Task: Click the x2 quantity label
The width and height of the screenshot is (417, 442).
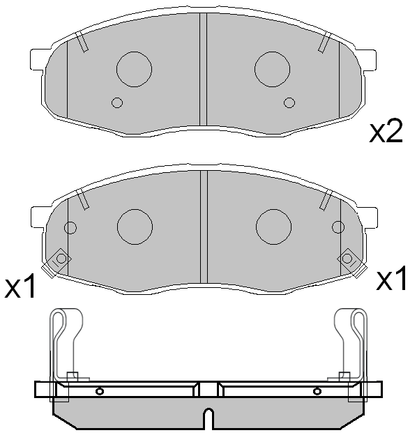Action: click(386, 130)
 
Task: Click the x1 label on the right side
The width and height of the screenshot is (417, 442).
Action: click(391, 280)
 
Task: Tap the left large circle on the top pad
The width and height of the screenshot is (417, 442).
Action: click(133, 68)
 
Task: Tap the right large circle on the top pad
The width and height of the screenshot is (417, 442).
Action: click(273, 68)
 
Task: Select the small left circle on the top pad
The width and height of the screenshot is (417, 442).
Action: click(116, 103)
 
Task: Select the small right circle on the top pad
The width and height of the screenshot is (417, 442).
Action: click(289, 103)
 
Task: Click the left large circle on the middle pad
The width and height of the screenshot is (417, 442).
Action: click(135, 226)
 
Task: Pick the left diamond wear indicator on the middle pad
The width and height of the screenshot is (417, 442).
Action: click(61, 259)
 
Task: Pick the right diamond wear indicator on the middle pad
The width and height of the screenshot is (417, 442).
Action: click(347, 259)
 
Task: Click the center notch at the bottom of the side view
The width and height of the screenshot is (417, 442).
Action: click(207, 418)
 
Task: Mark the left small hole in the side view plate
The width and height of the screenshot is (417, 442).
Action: click(100, 390)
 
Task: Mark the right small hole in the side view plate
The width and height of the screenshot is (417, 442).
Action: click(317, 390)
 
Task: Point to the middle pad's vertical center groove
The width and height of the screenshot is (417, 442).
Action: click(204, 223)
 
